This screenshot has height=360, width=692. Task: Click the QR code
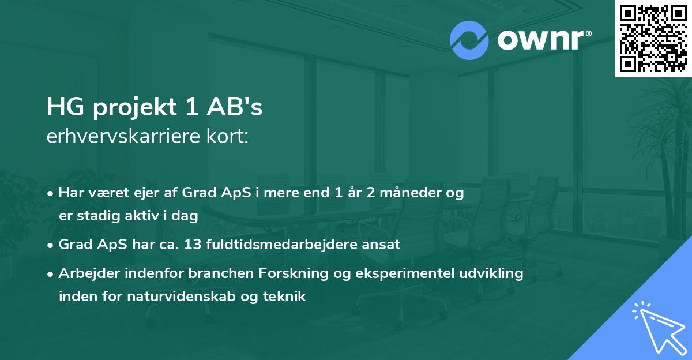click(653, 39)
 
